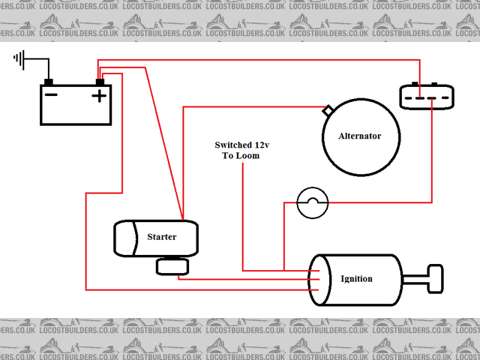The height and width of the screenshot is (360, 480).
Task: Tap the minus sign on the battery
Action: (x=51, y=95)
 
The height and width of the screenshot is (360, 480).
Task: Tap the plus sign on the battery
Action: (x=98, y=95)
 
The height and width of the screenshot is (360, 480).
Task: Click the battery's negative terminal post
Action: (x=49, y=82)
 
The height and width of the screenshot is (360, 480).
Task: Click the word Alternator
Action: (x=360, y=136)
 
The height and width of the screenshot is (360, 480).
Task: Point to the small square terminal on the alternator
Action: (x=327, y=111)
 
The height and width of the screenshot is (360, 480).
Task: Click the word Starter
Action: (x=161, y=237)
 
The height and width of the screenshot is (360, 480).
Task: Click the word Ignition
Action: (x=356, y=279)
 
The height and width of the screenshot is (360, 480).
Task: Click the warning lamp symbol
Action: (x=313, y=202)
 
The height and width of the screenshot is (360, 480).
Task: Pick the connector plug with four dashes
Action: (x=425, y=96)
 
